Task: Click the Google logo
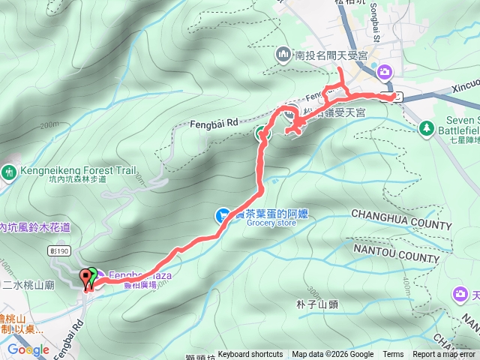(28, 349)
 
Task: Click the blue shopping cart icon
(223, 214)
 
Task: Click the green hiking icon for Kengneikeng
(10, 171)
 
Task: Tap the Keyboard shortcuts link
(250, 355)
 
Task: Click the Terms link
(393, 355)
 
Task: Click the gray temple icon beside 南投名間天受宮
(283, 54)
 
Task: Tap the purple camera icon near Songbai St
(384, 71)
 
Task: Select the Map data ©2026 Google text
(333, 355)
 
